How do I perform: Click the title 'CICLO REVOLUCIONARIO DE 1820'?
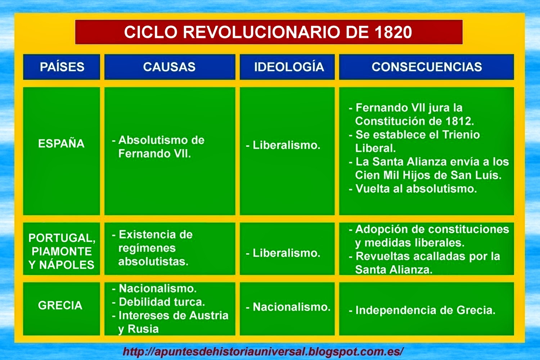coord(268,32)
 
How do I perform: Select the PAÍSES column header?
coord(62,67)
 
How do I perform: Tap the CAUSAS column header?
coord(169,67)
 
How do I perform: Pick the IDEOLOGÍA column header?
coord(289,67)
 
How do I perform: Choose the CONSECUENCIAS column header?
coord(427,67)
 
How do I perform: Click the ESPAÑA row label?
coord(61,144)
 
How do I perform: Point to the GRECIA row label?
coord(60,305)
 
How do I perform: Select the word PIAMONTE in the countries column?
coord(62,251)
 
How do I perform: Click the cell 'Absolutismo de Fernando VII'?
coord(158,147)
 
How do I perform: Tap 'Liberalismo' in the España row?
coord(286,145)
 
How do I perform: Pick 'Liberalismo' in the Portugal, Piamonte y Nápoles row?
coord(286,253)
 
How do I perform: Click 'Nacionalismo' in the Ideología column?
coord(291,307)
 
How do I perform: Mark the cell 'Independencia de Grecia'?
coord(425,310)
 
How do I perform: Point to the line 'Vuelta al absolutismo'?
coord(416,189)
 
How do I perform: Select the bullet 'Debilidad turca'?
coord(161,302)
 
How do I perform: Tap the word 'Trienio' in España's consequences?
coord(461,135)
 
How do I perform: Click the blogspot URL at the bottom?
coord(263,351)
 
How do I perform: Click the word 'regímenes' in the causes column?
coord(147,248)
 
